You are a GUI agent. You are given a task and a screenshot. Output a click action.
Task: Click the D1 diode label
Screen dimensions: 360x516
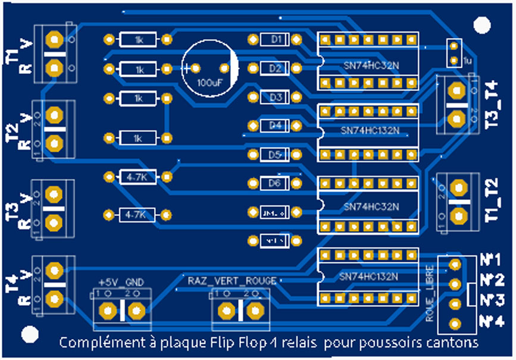point(276,39)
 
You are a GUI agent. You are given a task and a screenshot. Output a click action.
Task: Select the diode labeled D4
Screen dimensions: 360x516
point(275,126)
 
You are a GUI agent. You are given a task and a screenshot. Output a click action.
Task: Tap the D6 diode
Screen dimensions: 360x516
point(275,183)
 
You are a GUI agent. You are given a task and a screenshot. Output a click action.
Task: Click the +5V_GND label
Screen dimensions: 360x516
point(121,281)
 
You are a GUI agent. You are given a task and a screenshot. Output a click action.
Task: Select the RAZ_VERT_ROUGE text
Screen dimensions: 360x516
point(232,280)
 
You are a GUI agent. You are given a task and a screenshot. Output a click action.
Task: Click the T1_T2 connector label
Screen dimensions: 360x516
point(492,199)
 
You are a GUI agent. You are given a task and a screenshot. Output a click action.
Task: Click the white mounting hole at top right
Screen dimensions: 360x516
point(481,24)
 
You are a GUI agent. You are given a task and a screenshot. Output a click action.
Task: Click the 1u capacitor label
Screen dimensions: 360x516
point(467,61)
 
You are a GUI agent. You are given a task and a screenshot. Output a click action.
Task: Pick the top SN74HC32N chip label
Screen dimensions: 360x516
point(371,64)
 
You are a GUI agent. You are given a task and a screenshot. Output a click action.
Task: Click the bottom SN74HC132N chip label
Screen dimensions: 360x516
point(369,276)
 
